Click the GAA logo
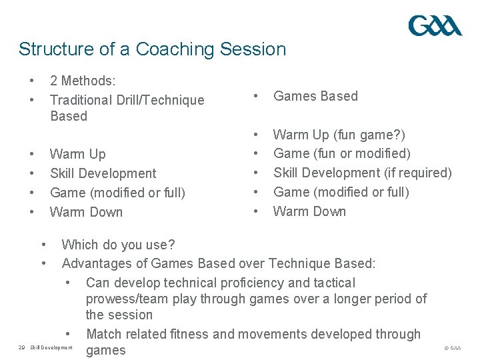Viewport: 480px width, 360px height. [x=435, y=26]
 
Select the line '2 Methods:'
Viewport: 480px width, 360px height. [x=83, y=81]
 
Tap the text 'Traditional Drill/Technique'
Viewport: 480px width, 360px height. [x=127, y=101]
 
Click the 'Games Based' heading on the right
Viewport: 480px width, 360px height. [x=315, y=96]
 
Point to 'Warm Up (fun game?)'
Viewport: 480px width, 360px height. [x=339, y=135]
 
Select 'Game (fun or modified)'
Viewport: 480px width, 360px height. [x=342, y=154]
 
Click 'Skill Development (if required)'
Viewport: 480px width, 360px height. [x=362, y=173]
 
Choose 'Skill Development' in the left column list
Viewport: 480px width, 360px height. [x=103, y=173]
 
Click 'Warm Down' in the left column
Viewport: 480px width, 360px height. [x=86, y=212]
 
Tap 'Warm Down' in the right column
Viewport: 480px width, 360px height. [x=309, y=212]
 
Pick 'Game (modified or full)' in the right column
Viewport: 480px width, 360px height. [x=341, y=193]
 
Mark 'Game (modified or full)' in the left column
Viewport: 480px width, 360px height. [x=117, y=193]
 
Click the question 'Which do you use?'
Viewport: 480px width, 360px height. [x=118, y=245]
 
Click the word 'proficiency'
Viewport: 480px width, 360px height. [x=243, y=283]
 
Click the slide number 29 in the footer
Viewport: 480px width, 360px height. [x=21, y=348]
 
